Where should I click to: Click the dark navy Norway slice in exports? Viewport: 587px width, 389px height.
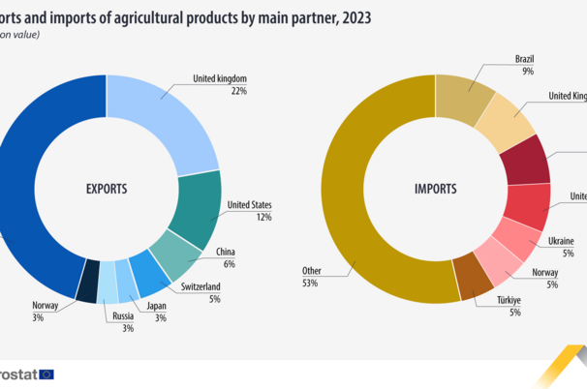(89, 281)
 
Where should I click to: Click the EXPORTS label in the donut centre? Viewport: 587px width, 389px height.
(107, 190)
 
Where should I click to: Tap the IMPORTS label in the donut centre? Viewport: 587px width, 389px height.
(435, 190)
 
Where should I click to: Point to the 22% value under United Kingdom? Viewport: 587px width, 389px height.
(238, 91)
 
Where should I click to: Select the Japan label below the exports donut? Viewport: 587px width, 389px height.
(156, 306)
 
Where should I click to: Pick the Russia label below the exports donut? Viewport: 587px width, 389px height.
(122, 314)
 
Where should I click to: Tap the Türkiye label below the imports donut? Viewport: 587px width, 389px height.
(509, 299)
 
